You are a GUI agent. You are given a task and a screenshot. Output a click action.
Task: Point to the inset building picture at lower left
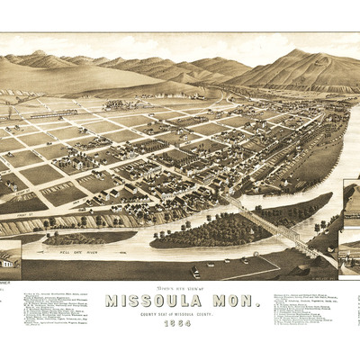click(10, 256)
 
